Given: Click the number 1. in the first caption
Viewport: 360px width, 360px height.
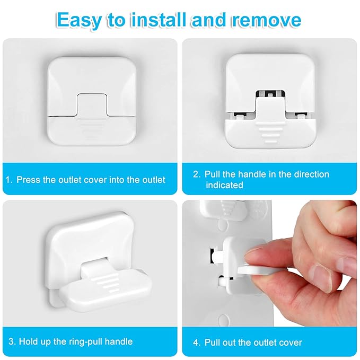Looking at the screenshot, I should tap(9, 180).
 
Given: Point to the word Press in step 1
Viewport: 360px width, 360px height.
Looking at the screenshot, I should tap(28, 180).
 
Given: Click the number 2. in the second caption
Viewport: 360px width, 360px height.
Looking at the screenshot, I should tap(196, 174).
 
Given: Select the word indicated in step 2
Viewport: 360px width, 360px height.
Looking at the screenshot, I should tap(224, 185).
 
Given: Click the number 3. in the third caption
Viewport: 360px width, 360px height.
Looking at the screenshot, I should tap(10, 341).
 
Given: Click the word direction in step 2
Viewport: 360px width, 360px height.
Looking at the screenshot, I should tap(311, 174).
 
